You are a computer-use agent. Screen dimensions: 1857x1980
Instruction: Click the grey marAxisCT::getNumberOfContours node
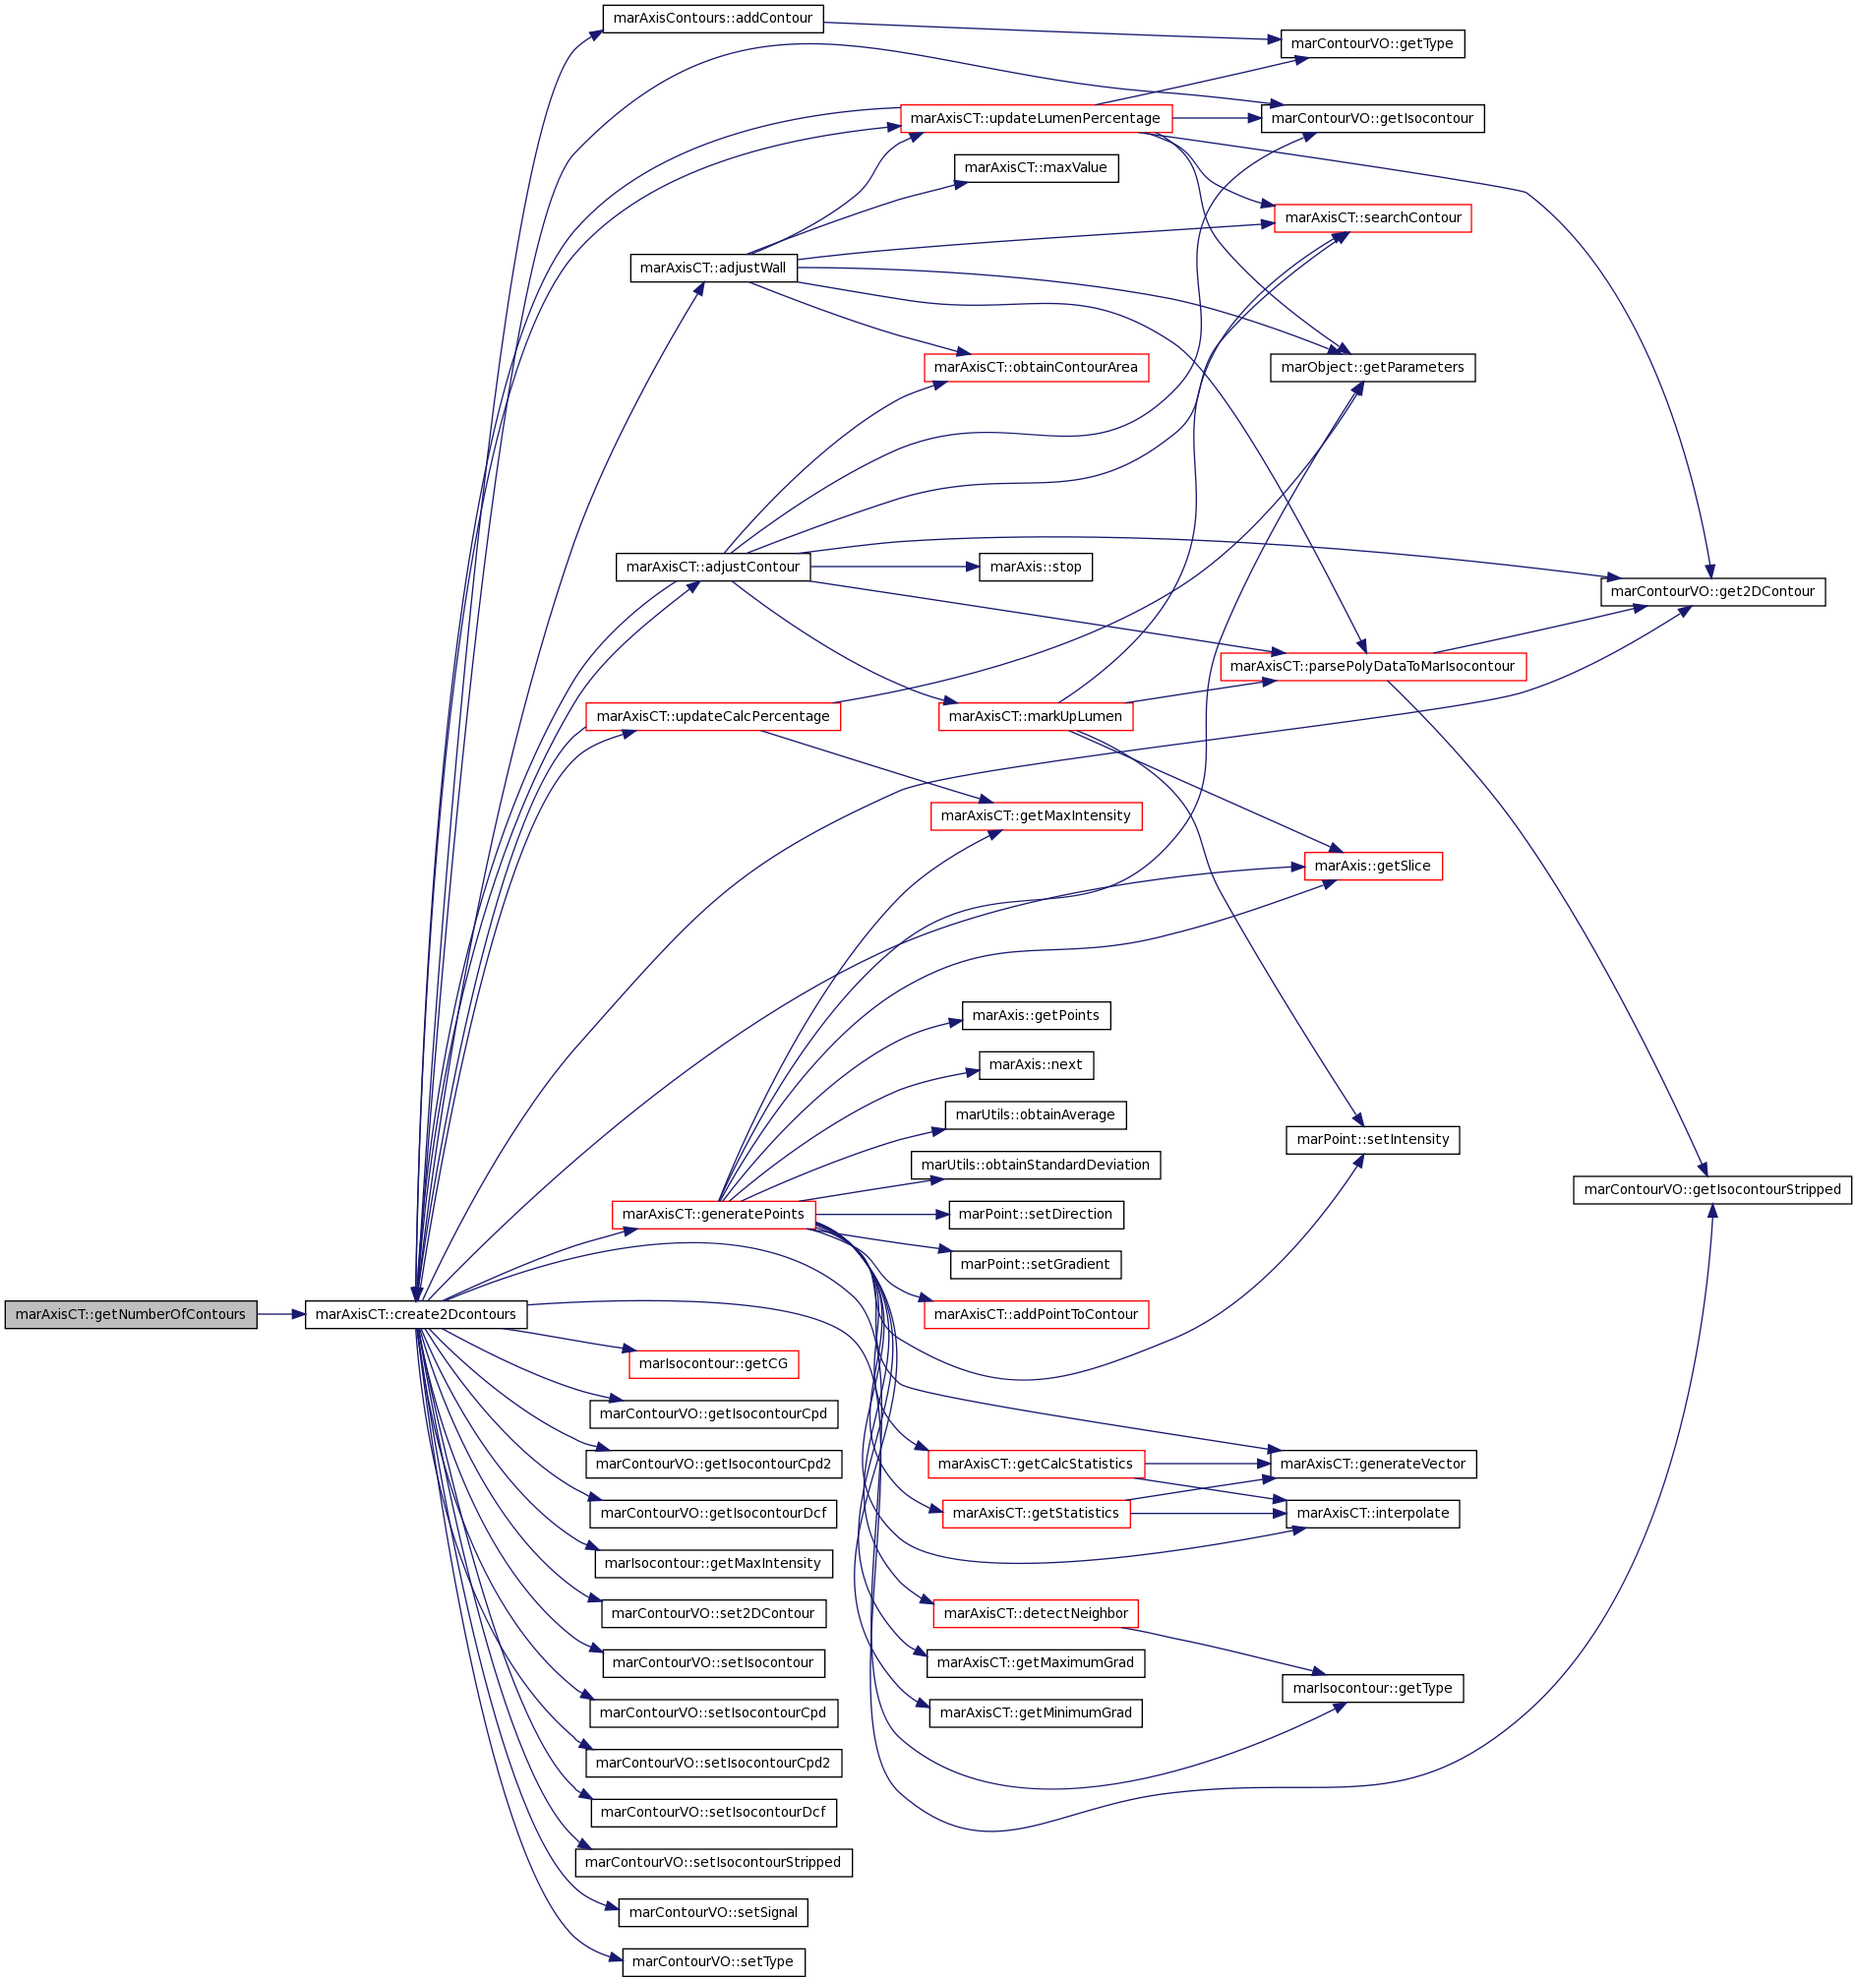(x=131, y=1314)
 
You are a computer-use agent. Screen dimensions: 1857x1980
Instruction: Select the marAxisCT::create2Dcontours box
(x=415, y=1314)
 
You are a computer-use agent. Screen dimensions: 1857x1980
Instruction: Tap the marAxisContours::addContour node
(x=713, y=19)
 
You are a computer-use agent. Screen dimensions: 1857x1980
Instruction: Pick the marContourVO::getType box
(x=1372, y=44)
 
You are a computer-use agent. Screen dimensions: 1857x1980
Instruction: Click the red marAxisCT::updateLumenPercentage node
(x=1036, y=118)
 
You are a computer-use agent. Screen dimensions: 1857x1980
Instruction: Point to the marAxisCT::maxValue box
(x=1036, y=168)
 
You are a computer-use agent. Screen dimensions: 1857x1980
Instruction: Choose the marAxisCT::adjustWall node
(x=713, y=268)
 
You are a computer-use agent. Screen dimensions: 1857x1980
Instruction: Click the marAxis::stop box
(x=1036, y=567)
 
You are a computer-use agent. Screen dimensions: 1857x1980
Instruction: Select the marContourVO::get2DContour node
(x=1712, y=591)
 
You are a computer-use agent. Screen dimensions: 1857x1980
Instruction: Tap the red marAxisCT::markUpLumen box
(x=1036, y=716)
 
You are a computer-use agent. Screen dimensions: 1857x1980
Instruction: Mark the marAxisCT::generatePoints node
(x=713, y=1214)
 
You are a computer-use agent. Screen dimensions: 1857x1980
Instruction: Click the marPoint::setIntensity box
(x=1372, y=1139)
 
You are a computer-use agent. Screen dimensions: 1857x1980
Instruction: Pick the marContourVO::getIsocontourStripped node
(x=1712, y=1189)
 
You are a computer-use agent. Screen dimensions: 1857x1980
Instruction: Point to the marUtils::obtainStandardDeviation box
(x=1036, y=1165)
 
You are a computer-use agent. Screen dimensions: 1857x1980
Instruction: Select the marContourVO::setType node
(x=713, y=1962)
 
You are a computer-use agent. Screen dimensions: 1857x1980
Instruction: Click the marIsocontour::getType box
(x=1372, y=1688)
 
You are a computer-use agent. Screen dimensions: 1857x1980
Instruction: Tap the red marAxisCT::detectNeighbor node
(x=1036, y=1613)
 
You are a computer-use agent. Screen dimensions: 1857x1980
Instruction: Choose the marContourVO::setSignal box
(x=713, y=1912)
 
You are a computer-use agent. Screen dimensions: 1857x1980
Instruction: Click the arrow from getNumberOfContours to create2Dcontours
(x=280, y=1314)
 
